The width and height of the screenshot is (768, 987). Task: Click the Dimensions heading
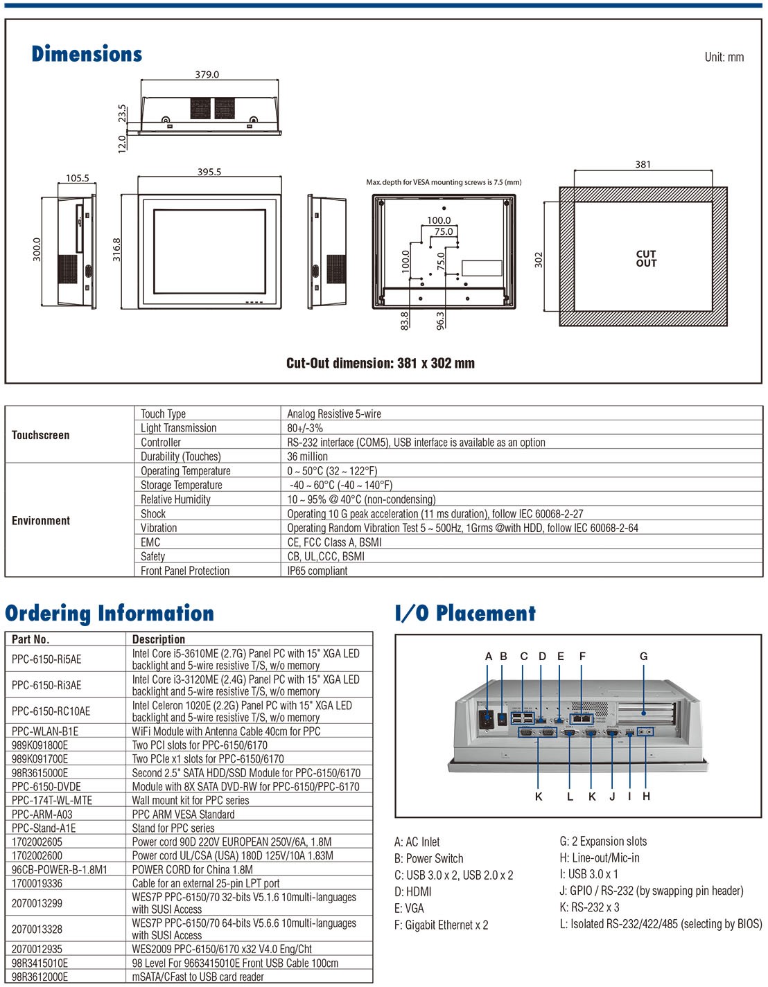point(87,53)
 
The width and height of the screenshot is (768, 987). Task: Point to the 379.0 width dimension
point(207,74)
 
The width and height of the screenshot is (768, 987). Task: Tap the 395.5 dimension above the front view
point(209,172)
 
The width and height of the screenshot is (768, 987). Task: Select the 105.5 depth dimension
point(77,177)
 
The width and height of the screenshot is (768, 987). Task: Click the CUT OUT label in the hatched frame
point(646,258)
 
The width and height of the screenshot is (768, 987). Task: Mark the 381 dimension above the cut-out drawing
point(643,164)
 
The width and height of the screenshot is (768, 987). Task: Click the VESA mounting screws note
point(444,182)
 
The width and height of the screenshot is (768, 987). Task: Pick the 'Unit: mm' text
point(724,57)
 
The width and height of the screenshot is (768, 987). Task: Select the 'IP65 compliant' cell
point(317,571)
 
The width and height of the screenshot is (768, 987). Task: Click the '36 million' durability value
point(307,456)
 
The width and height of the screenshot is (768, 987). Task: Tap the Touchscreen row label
point(40,435)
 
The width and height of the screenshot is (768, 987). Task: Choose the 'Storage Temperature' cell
point(182,485)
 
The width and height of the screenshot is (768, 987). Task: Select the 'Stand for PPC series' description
point(173,828)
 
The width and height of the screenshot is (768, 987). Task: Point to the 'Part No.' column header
point(30,639)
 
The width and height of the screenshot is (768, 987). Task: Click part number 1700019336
point(37,883)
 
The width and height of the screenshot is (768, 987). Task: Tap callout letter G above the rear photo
point(643,656)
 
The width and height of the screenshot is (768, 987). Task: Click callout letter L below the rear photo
point(570,797)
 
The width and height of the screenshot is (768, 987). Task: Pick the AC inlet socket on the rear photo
point(487,718)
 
